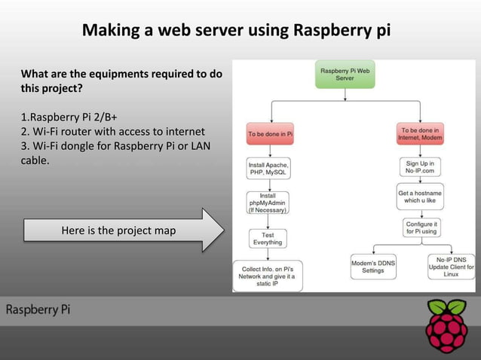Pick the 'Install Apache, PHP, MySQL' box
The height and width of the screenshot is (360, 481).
[269, 168]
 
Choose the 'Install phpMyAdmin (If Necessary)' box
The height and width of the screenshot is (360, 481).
[268, 203]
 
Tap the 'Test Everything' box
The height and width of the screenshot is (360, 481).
[268, 238]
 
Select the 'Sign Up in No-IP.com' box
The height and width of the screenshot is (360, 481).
[421, 167]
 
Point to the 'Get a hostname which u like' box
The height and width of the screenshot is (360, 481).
[421, 196]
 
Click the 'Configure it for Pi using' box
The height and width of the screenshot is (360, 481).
[421, 227]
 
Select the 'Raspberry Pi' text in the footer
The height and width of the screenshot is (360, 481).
[38, 310]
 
